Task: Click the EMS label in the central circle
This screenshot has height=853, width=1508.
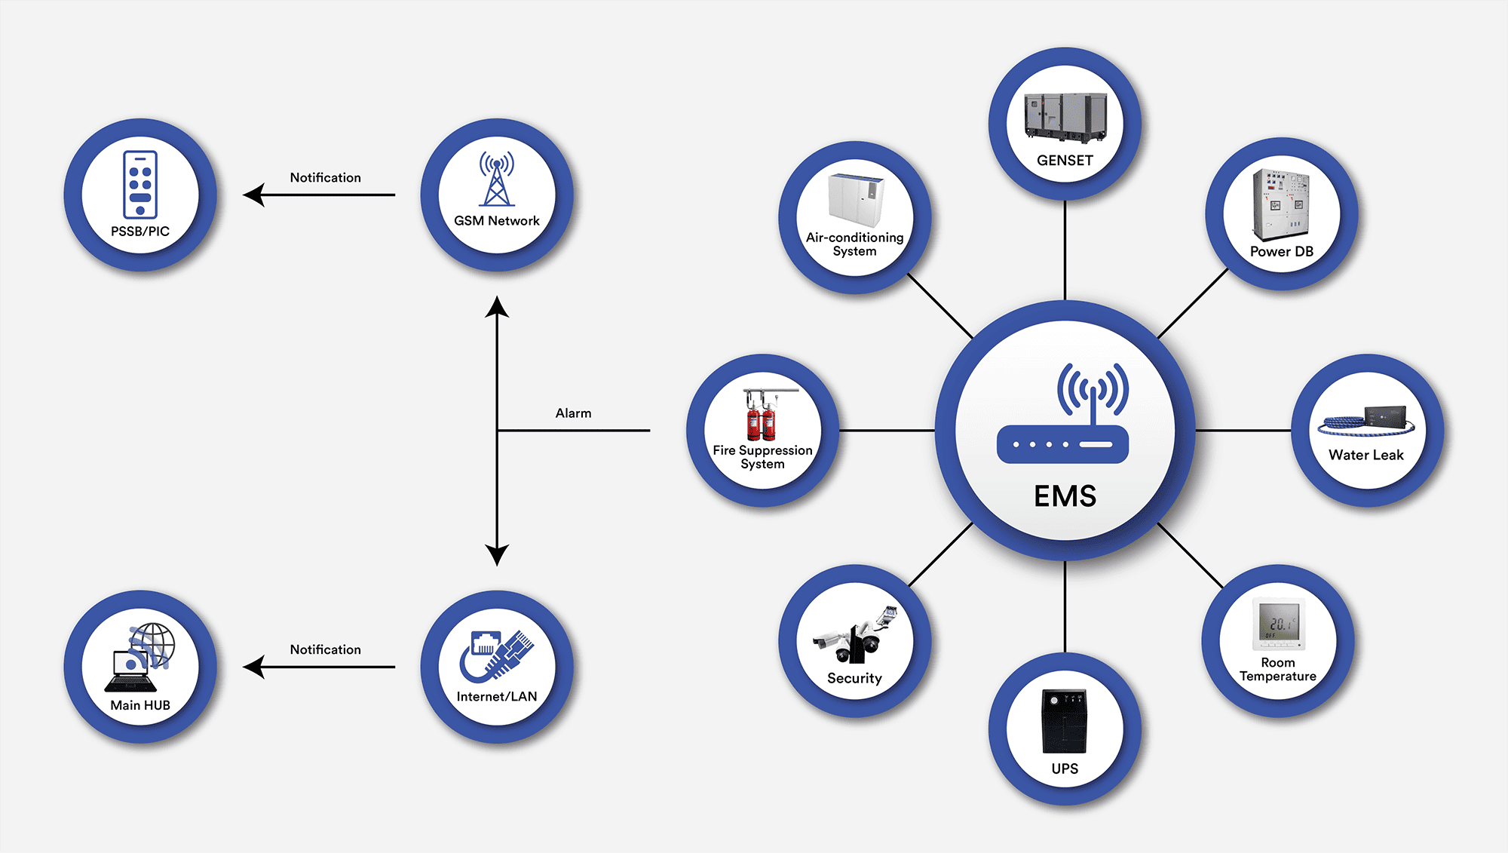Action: pyautogui.click(x=1065, y=496)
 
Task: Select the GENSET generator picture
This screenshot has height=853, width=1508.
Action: pyautogui.click(x=1065, y=118)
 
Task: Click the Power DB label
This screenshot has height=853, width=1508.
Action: pyautogui.click(x=1281, y=252)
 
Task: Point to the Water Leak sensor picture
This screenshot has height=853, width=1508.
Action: pyautogui.click(x=1366, y=421)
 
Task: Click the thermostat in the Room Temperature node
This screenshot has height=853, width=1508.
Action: pyautogui.click(x=1278, y=624)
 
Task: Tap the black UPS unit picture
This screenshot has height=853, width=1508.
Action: pyautogui.click(x=1064, y=721)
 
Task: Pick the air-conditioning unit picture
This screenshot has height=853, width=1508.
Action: pyautogui.click(x=856, y=199)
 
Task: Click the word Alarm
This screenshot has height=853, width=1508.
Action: pyautogui.click(x=573, y=413)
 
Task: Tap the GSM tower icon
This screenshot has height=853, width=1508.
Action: pyautogui.click(x=496, y=179)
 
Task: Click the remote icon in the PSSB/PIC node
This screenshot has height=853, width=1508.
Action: pyautogui.click(x=140, y=184)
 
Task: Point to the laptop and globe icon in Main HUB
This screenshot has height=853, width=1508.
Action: pyautogui.click(x=141, y=657)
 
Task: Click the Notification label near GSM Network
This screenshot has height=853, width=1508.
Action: pyautogui.click(x=325, y=178)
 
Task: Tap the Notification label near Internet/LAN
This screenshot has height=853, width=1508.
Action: pyautogui.click(x=325, y=650)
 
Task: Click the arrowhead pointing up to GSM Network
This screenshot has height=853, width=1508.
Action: pyautogui.click(x=497, y=307)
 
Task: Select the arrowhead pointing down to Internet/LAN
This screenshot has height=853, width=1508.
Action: pyautogui.click(x=497, y=555)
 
